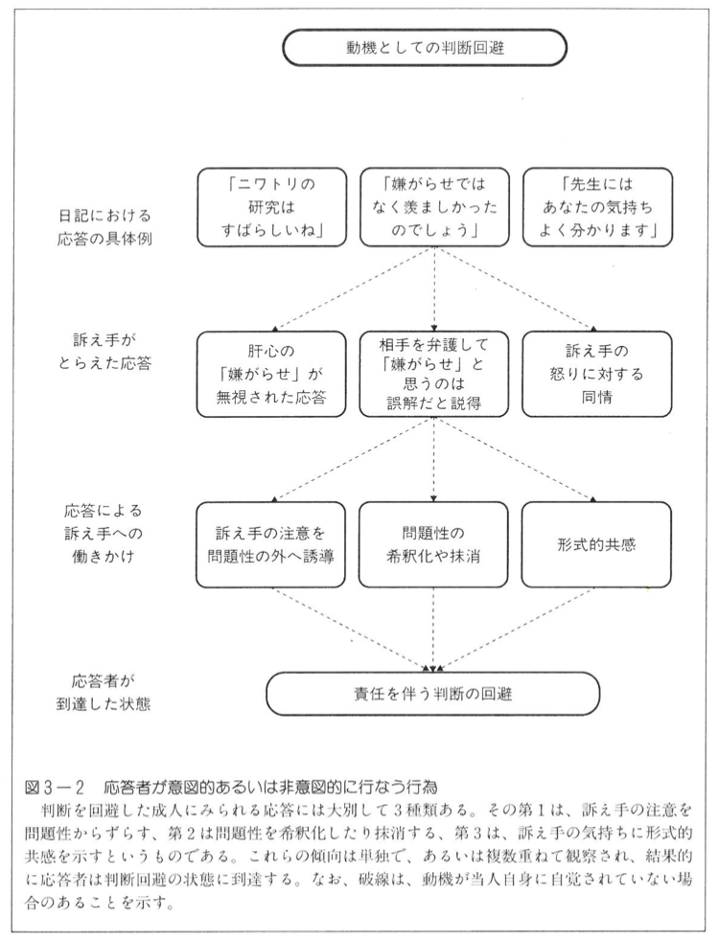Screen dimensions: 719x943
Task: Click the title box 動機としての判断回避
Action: click(425, 48)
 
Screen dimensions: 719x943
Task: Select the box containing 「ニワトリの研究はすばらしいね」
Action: click(272, 208)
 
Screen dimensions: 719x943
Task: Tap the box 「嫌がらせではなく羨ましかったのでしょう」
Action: click(434, 208)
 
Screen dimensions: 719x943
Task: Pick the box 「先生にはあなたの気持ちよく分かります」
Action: click(597, 208)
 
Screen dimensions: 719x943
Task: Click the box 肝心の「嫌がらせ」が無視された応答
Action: click(272, 374)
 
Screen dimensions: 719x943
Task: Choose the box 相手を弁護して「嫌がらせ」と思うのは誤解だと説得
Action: click(434, 374)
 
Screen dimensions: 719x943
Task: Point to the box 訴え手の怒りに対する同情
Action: click(597, 374)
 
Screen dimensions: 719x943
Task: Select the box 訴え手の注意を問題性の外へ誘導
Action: click(271, 545)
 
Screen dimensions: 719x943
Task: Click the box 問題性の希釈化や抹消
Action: click(434, 545)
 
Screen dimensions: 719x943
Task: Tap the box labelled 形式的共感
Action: click(596, 545)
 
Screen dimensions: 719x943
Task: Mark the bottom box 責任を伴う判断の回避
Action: click(433, 694)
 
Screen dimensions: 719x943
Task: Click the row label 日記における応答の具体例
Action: click(104, 227)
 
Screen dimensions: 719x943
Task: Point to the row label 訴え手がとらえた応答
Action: click(104, 353)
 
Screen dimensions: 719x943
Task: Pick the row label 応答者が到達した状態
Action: click(104, 693)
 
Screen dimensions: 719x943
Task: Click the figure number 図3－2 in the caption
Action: click(55, 787)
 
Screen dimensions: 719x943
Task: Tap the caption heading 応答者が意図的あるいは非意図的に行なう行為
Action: click(270, 787)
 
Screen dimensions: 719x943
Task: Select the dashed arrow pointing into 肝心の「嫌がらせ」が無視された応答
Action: click(354, 288)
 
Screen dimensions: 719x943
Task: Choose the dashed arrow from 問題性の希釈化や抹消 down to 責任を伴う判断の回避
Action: click(434, 630)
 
